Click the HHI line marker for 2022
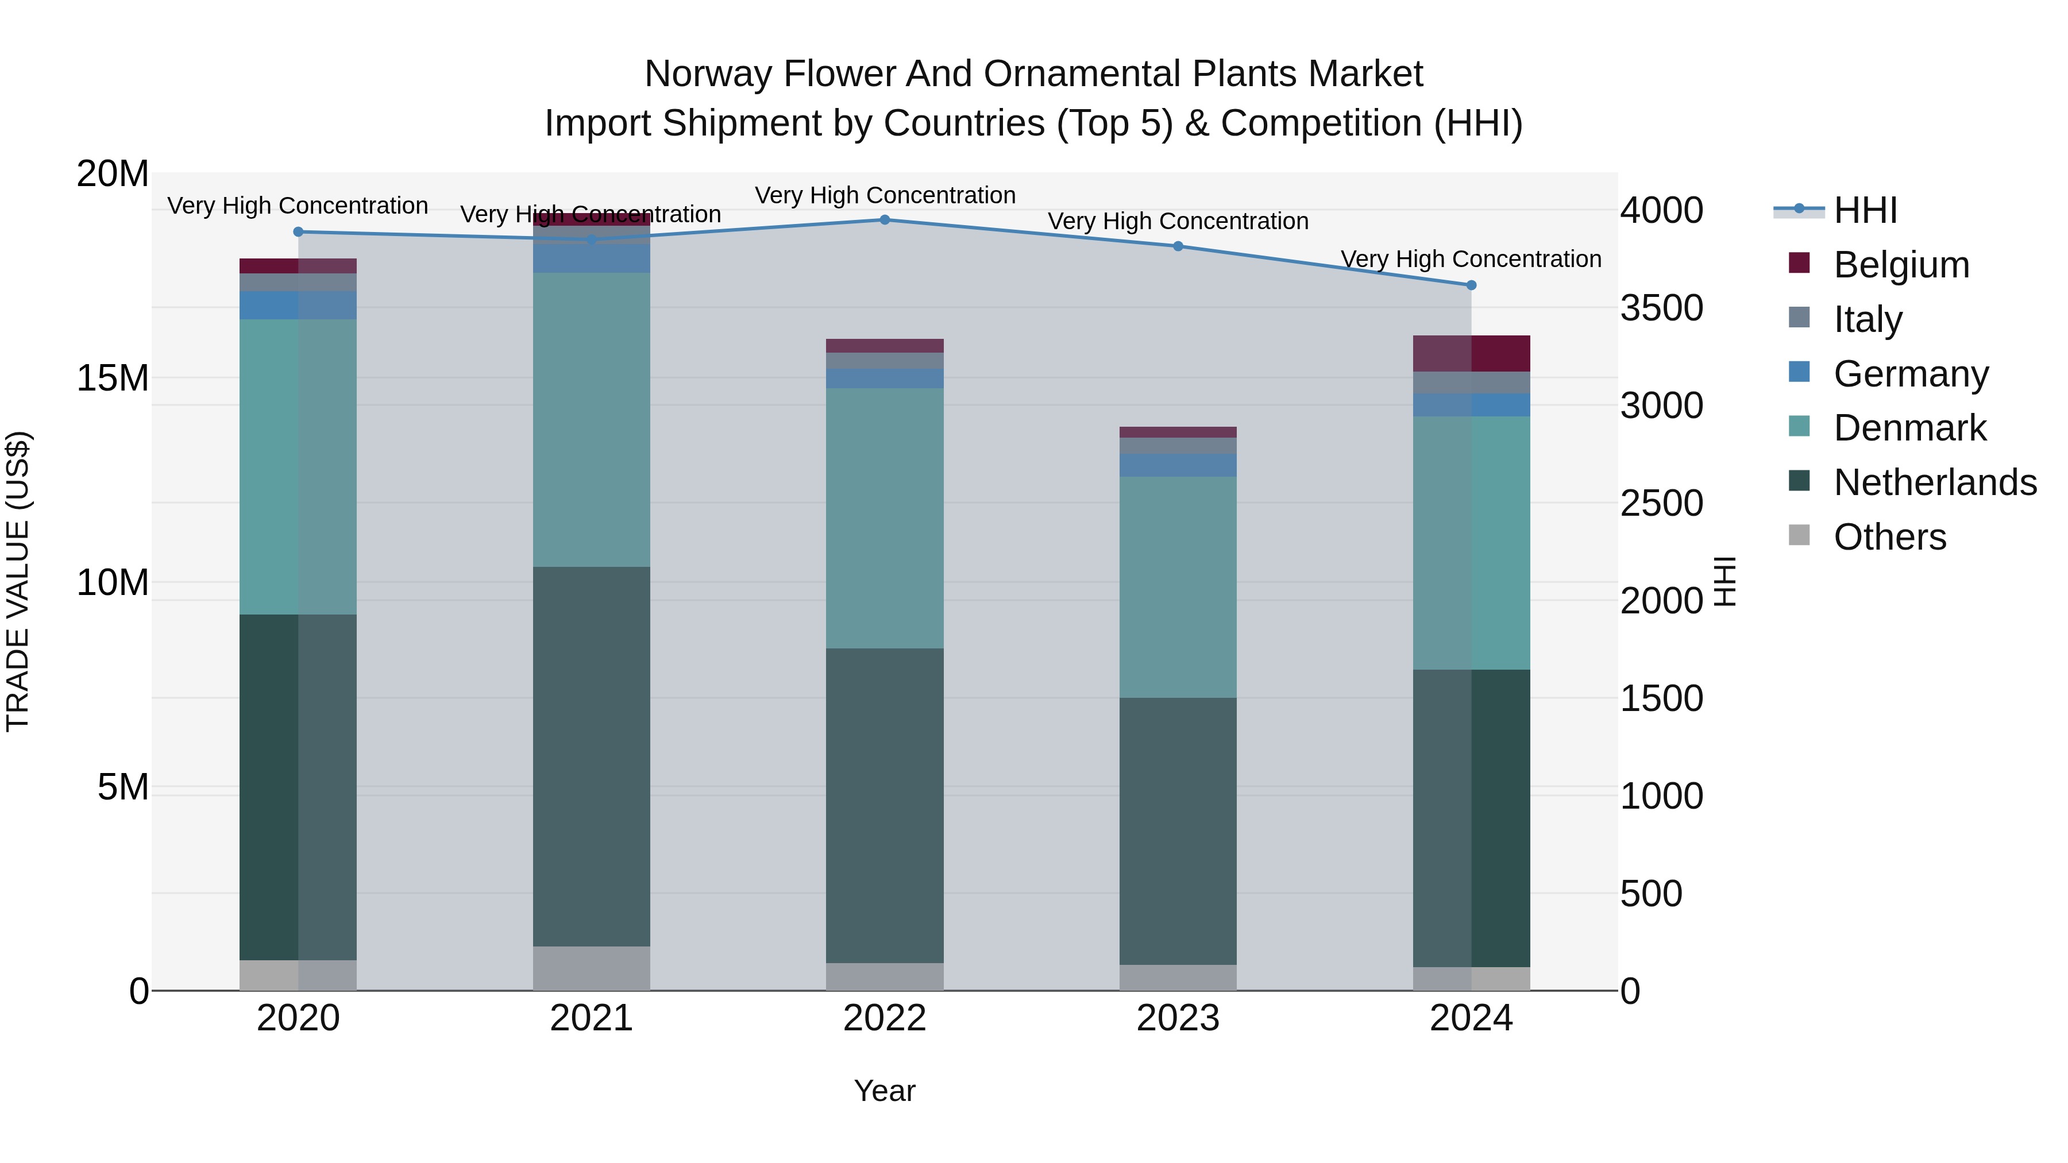tap(885, 220)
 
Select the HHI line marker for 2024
tap(1471, 285)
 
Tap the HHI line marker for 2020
tap(299, 232)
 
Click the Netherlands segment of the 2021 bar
tap(592, 756)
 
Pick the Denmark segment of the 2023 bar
tap(1178, 587)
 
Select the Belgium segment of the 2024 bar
tap(1471, 353)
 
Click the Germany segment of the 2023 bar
tap(1178, 466)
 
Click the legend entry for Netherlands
tap(1934, 482)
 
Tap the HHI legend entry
tap(1864, 210)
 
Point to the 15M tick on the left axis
tap(113, 378)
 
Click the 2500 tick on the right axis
tap(1661, 503)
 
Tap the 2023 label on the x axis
tap(1178, 1018)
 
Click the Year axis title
tap(885, 1091)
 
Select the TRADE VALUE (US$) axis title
tap(18, 581)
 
